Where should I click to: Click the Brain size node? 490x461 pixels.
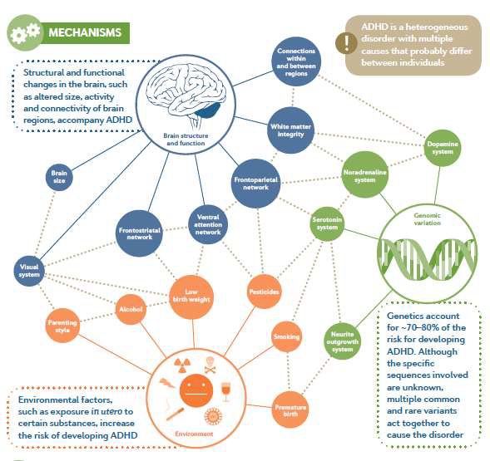tap(59, 177)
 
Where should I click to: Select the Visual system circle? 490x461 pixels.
tap(29, 271)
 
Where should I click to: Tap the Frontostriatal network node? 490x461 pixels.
tap(139, 233)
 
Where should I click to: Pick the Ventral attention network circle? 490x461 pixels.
tap(208, 224)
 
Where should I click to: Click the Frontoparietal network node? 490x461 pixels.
tap(255, 184)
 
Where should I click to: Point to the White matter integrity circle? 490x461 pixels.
tap(290, 130)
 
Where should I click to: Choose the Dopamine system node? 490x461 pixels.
tap(443, 148)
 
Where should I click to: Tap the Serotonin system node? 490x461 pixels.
tap(327, 223)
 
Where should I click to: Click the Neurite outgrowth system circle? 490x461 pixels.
tap(342, 341)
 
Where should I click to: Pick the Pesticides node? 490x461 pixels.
tap(264, 292)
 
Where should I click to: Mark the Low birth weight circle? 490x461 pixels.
tap(191, 297)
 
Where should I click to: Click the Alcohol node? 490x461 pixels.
tap(131, 309)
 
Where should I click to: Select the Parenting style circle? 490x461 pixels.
tap(62, 326)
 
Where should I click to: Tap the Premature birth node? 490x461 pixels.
tap(290, 410)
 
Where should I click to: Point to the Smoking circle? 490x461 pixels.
tap(286, 336)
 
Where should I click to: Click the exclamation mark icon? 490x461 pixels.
tap(346, 43)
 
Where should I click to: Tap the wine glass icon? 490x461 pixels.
tap(225, 392)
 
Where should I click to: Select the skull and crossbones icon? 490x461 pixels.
tap(210, 365)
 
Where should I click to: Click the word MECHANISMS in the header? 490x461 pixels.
tap(85, 32)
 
